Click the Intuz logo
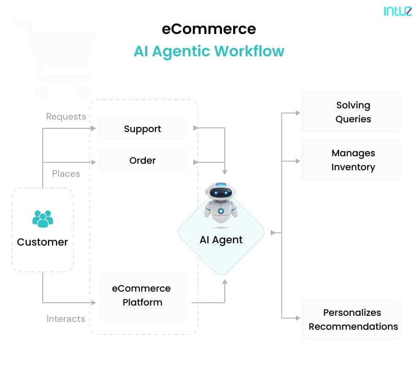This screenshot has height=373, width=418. (398, 11)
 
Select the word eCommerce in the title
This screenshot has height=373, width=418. (209, 29)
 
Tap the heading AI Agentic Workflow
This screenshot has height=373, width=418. (209, 51)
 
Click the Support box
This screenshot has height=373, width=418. (143, 129)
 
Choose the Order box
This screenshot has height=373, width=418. (143, 160)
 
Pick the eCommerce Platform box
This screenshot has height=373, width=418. (143, 296)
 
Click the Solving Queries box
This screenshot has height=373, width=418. (352, 112)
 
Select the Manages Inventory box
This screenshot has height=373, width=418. (352, 160)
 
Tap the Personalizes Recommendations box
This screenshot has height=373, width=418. (352, 320)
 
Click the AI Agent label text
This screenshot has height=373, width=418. (221, 240)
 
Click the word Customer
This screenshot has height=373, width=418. (43, 242)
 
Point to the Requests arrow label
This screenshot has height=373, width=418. (66, 116)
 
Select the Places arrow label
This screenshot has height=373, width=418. (66, 173)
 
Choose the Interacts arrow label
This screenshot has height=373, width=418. (66, 319)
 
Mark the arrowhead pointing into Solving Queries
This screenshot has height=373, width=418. (298, 113)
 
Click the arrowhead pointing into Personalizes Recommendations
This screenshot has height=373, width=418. (298, 318)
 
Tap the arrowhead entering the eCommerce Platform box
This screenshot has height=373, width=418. (94, 303)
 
